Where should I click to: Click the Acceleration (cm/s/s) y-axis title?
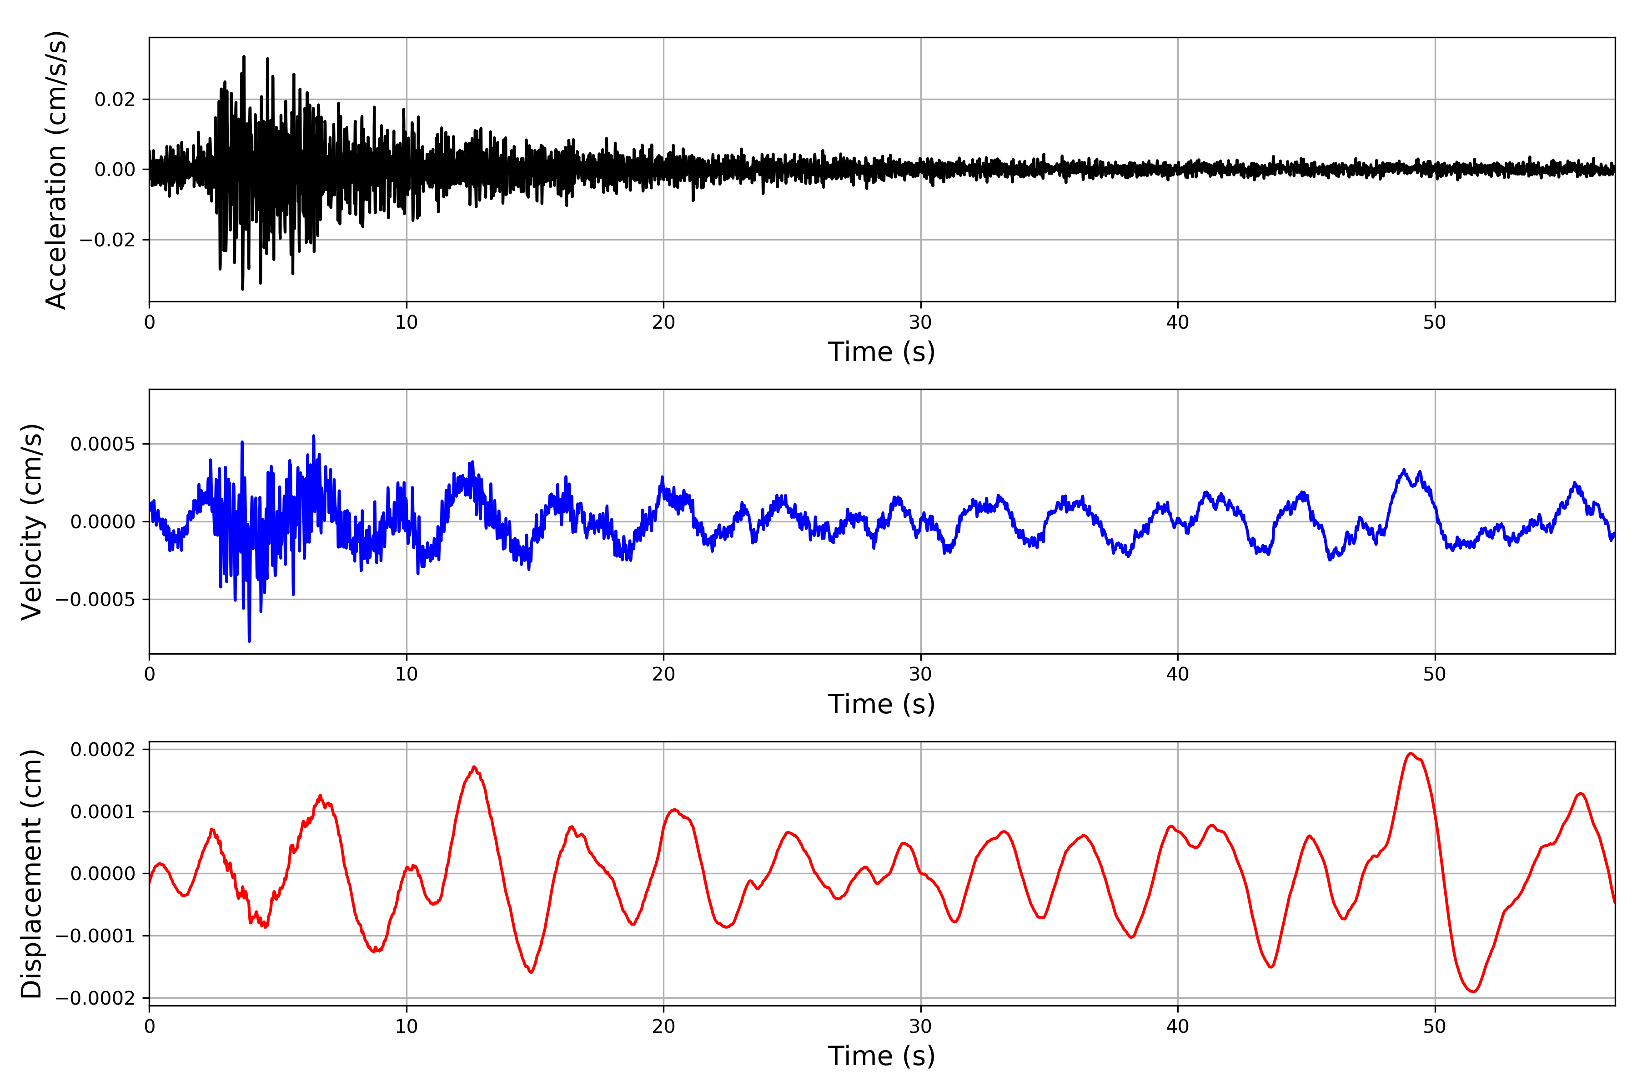[55, 170]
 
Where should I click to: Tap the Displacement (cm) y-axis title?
[32, 873]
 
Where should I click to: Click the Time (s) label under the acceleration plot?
[881, 352]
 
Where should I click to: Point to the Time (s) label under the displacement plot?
[881, 1056]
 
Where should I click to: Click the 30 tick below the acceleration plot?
[920, 323]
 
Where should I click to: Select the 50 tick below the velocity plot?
[1435, 674]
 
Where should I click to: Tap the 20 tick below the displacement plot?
[663, 1026]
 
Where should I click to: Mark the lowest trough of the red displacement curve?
[1473, 991]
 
